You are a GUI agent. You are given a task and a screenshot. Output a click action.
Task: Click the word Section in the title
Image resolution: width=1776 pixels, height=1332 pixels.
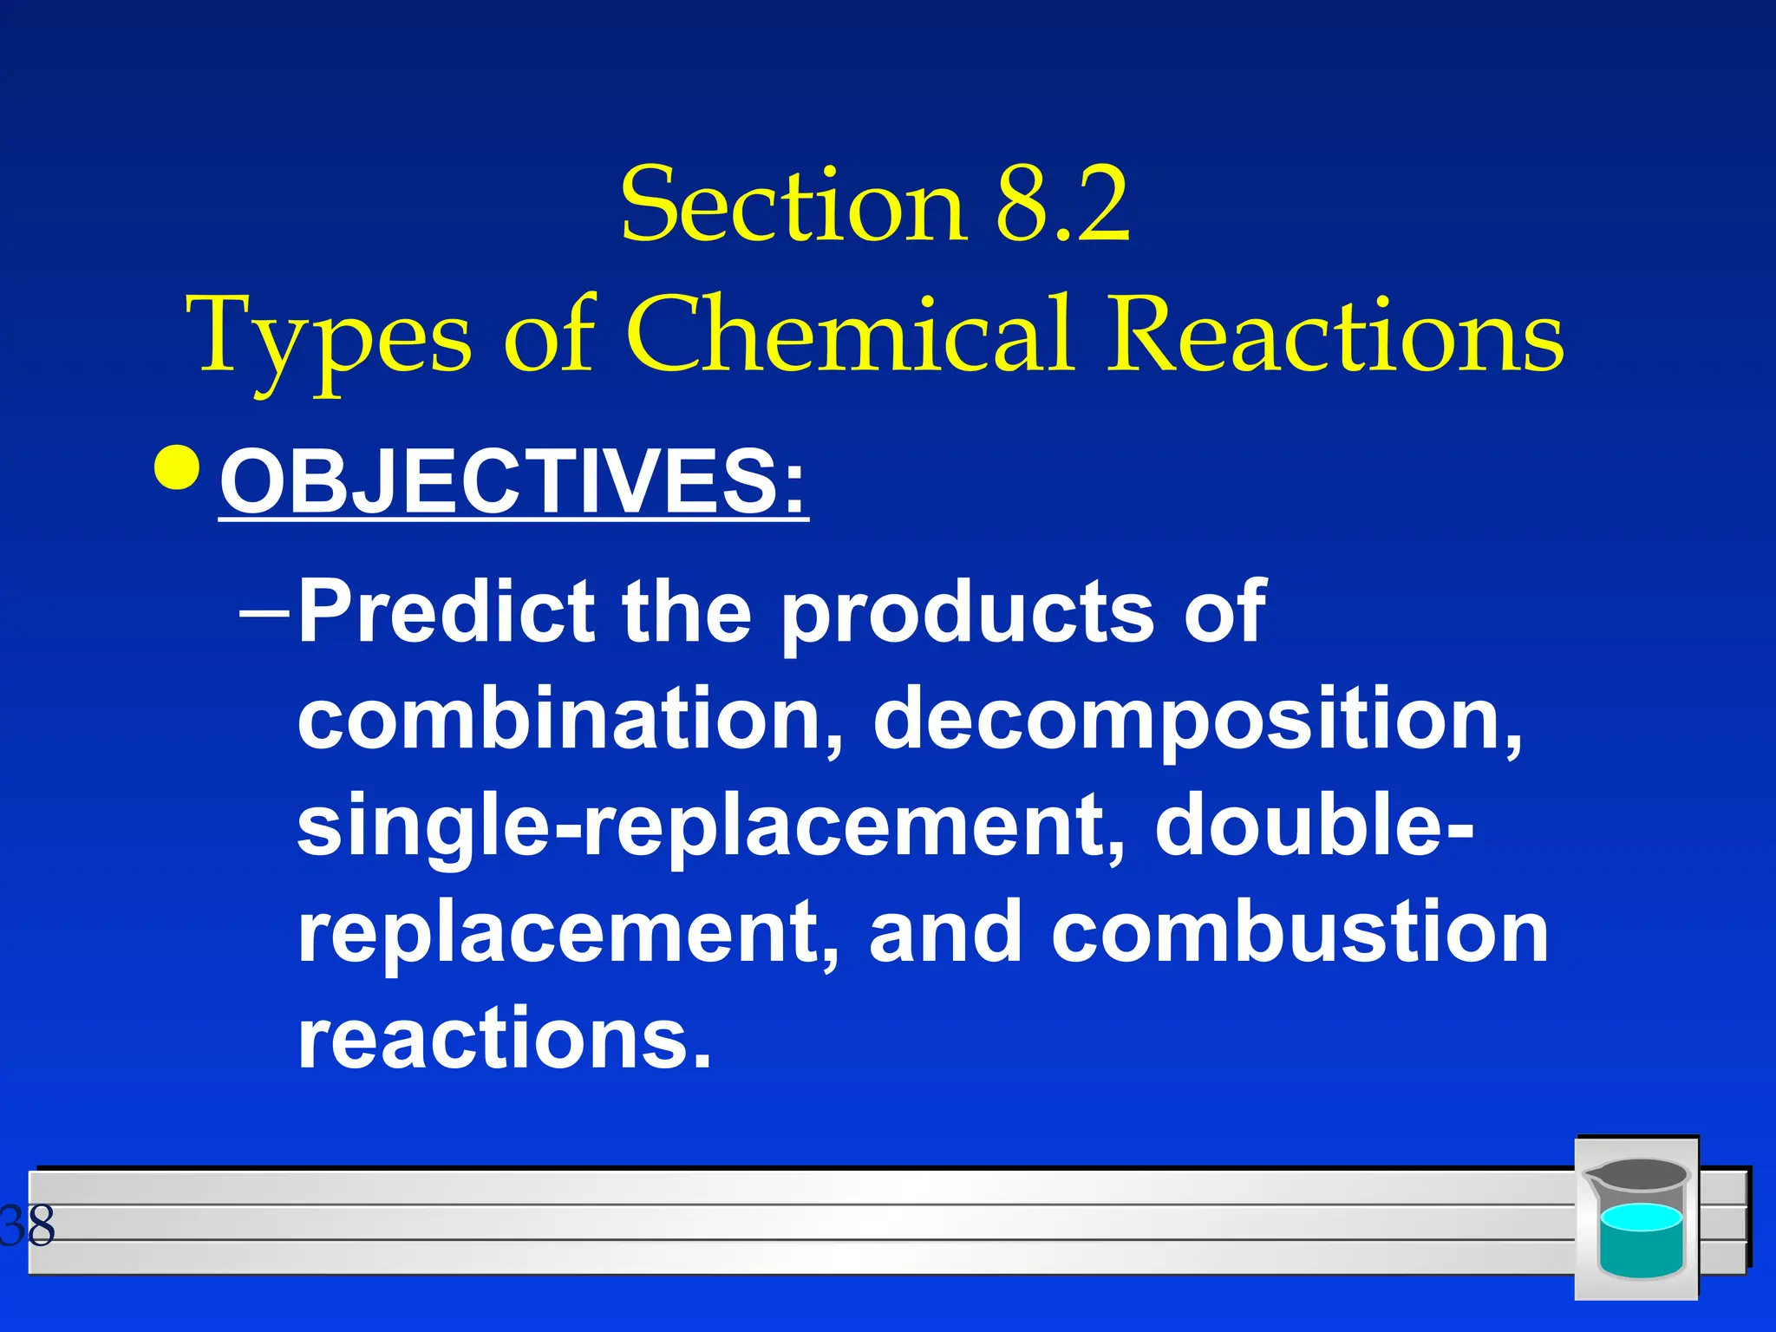793,206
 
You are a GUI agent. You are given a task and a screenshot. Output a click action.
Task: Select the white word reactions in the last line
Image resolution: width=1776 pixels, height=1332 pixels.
503,1038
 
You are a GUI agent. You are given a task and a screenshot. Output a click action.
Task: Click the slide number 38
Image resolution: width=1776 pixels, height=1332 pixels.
28,1225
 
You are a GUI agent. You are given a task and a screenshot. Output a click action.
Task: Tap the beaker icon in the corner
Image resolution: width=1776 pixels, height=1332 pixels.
1636,1218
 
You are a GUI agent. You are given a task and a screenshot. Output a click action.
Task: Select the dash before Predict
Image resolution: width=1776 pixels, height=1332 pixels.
265,611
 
